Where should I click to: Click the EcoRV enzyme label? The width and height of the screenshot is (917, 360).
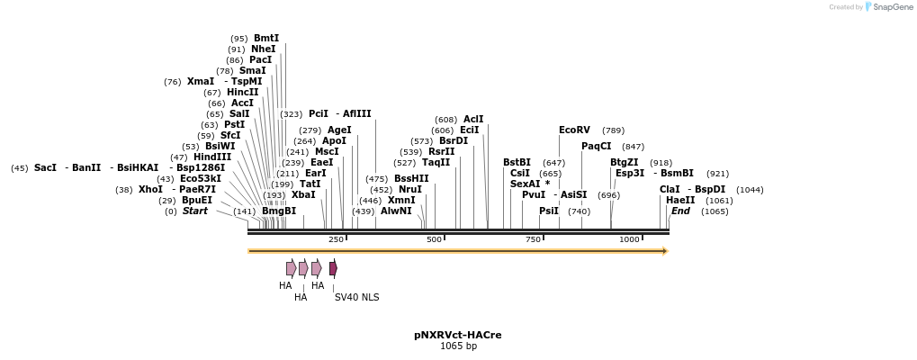click(x=574, y=130)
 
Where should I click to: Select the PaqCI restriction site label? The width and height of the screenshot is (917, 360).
click(x=596, y=146)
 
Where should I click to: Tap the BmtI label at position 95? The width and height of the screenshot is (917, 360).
click(x=266, y=39)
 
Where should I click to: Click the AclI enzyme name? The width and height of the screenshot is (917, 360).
click(x=473, y=119)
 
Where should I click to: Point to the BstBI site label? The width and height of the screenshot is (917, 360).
click(x=517, y=163)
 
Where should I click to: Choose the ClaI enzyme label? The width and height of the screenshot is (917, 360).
click(x=670, y=190)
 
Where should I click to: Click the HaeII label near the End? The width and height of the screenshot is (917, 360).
click(x=680, y=201)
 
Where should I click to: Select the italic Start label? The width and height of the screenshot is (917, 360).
click(x=194, y=211)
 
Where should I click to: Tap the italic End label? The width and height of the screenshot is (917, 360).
click(x=680, y=211)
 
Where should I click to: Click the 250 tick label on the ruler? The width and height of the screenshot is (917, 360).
click(x=336, y=239)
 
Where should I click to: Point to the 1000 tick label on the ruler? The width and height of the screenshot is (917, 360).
click(x=629, y=239)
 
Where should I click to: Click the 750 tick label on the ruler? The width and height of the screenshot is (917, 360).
click(x=533, y=239)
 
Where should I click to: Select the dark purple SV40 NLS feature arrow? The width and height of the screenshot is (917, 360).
click(x=333, y=268)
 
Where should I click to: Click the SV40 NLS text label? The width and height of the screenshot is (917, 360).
click(x=356, y=297)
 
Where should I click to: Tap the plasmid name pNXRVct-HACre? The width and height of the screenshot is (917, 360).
click(x=458, y=335)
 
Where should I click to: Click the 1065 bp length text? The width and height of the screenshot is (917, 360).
click(x=458, y=346)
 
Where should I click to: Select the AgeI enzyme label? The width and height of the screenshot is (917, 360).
click(x=339, y=130)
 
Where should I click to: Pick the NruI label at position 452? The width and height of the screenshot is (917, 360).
click(x=409, y=190)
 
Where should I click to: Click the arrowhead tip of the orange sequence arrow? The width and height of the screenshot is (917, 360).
click(x=666, y=251)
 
